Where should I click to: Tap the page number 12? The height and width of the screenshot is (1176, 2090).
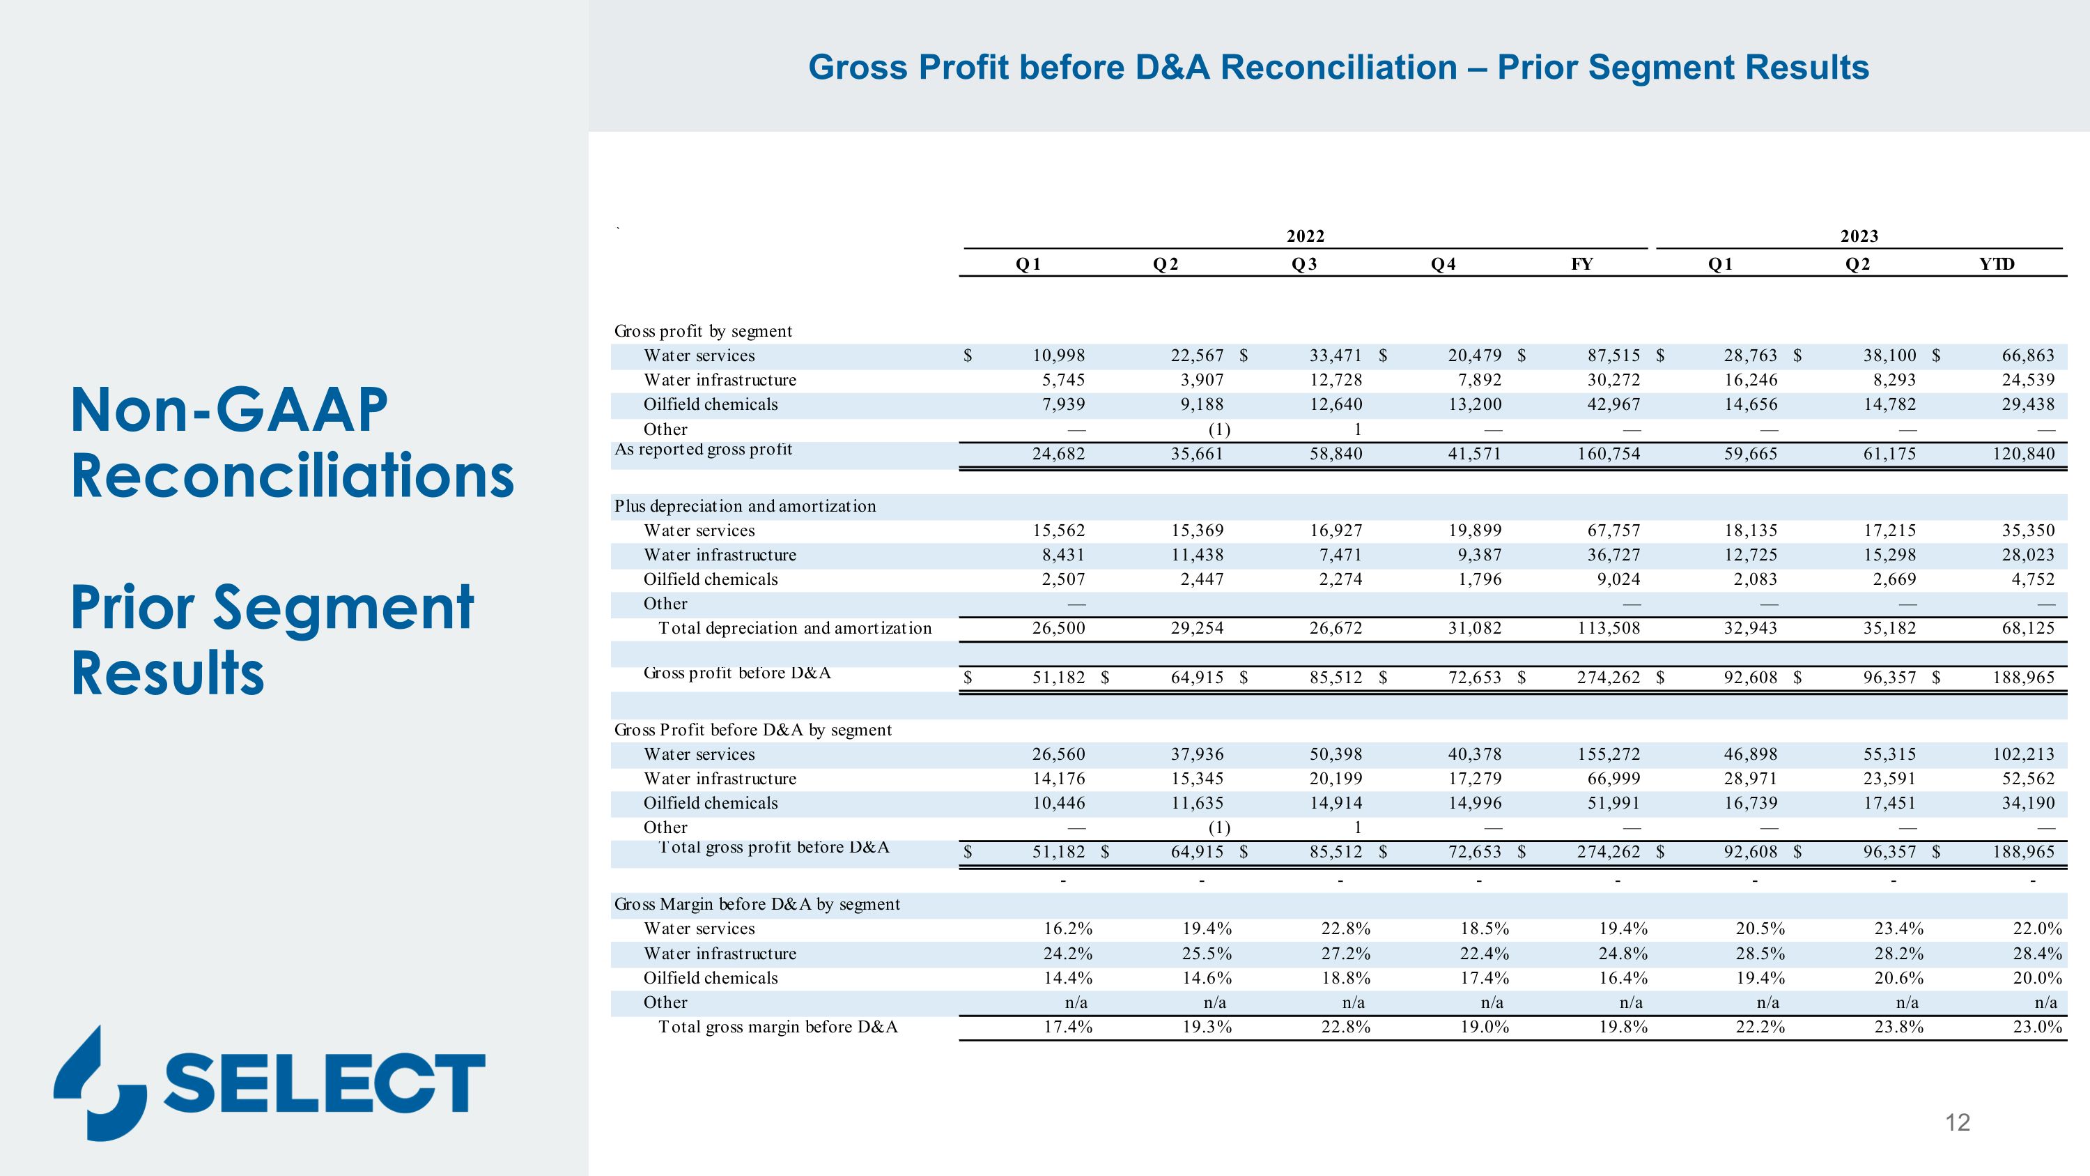pos(1957,1122)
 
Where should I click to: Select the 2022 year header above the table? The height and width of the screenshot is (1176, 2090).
pos(1306,236)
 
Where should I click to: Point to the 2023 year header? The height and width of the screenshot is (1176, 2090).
pos(1859,236)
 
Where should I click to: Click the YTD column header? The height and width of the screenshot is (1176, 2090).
pos(1997,264)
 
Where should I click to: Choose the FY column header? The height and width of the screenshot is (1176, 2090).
pos(1582,264)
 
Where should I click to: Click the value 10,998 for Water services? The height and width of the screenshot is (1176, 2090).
pos(1058,356)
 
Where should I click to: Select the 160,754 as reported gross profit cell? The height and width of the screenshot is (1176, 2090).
pos(1608,454)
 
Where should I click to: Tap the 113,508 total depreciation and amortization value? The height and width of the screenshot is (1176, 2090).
pos(1608,628)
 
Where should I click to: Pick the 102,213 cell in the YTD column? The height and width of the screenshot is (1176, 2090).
pos(2024,754)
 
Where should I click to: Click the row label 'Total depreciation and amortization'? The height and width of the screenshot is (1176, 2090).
pos(794,628)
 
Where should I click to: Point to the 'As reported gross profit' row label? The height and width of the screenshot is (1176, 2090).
pos(704,450)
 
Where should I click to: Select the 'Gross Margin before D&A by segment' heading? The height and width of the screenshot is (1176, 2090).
pos(757,904)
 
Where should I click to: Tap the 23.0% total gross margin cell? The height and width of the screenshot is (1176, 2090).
pos(2037,1027)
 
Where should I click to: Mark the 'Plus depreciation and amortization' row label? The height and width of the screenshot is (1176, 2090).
pos(745,506)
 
